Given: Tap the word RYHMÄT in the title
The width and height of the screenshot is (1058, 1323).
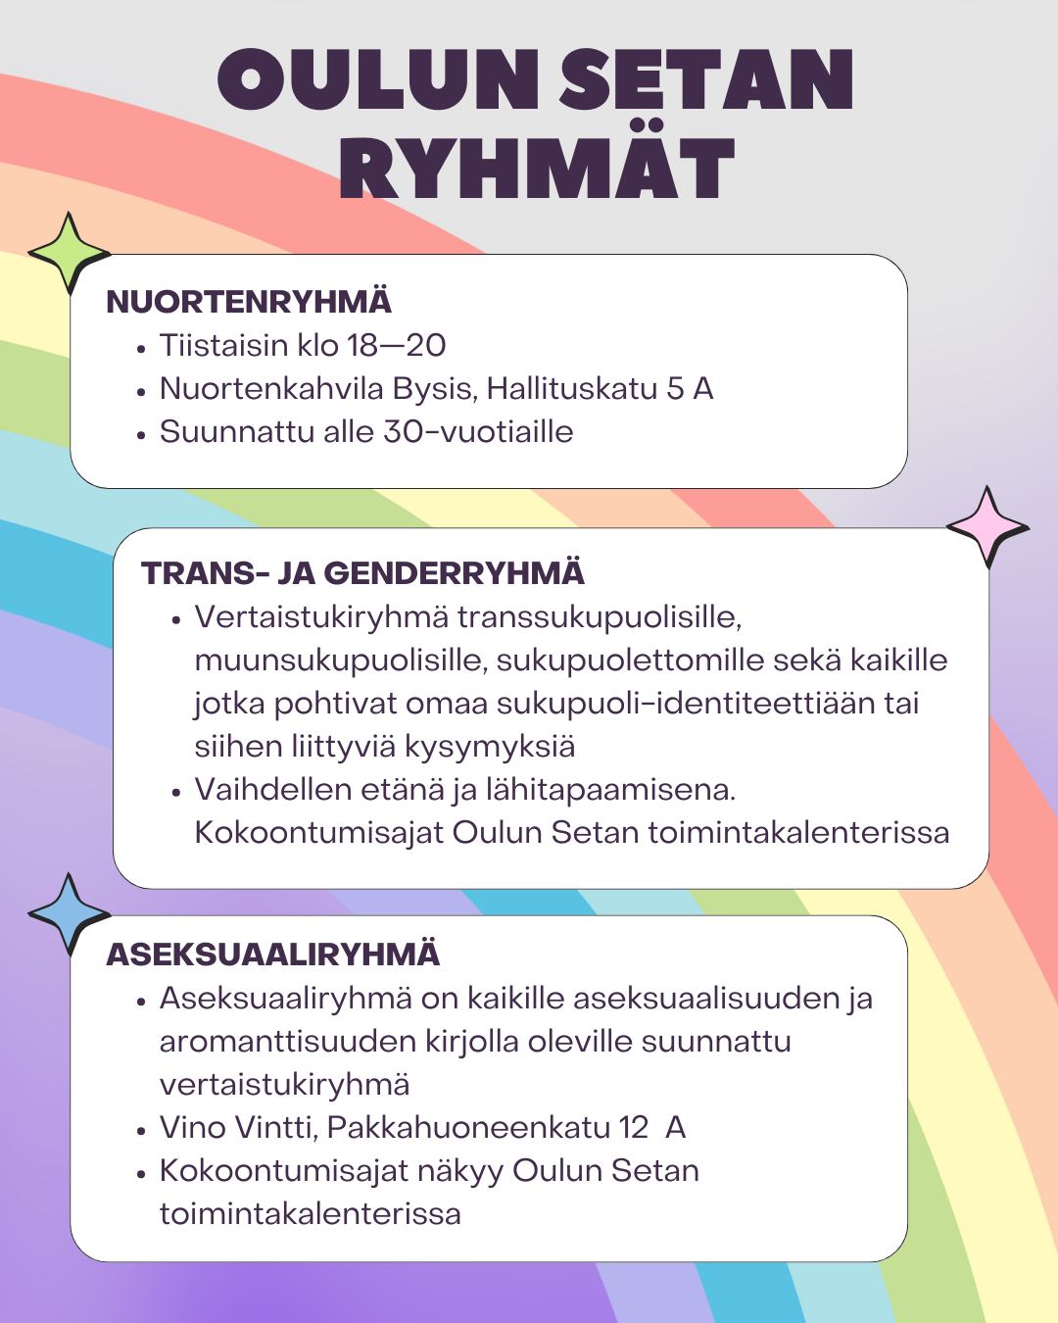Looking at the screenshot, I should tap(537, 169).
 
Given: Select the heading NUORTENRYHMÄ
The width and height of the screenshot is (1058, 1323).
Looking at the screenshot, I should tap(249, 302).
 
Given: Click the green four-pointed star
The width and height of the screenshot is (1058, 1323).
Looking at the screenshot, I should tap(68, 253).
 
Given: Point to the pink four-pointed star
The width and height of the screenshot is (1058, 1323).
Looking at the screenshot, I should tap(986, 526).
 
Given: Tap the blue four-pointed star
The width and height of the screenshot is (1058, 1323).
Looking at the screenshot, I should tap(69, 913).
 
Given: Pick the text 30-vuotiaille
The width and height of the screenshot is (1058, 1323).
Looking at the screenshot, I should tap(478, 432).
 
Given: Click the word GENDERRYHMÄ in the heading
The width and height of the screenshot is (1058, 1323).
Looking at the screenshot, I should tap(454, 573).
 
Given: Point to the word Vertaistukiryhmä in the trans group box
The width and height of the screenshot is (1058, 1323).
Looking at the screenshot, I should tap(322, 617).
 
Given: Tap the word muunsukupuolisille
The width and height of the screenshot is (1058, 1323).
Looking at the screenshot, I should tap(340, 661).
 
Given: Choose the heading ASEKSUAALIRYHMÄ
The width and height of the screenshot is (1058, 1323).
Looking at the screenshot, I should tap(273, 955).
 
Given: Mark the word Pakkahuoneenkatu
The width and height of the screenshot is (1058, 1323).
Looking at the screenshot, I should tap(469, 1128).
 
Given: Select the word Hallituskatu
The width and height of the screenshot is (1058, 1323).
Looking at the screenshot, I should tap(572, 389).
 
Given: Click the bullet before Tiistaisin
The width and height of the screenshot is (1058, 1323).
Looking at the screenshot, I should tap(142, 347).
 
